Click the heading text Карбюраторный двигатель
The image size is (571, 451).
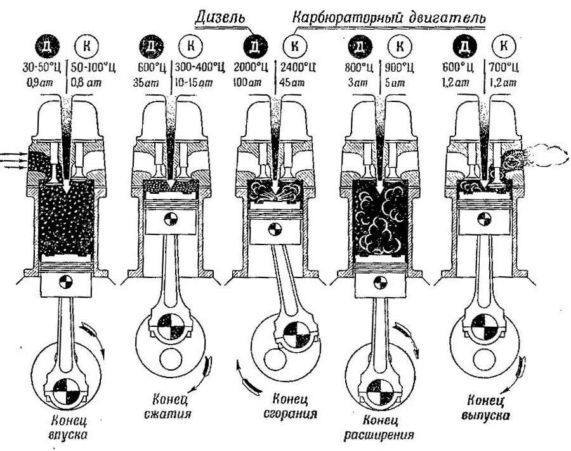(388, 17)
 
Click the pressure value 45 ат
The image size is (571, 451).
(291, 80)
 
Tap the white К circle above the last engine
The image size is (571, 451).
(504, 46)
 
